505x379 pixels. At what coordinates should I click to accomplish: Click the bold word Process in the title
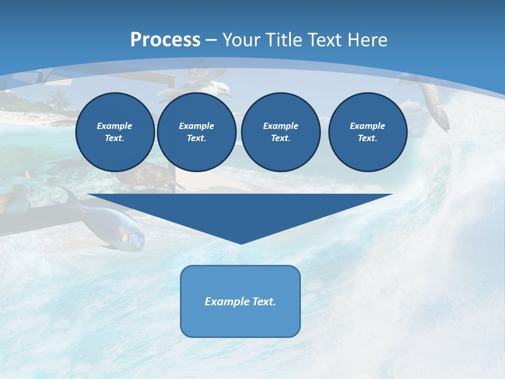click(165, 40)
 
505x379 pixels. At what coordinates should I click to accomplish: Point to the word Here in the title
click(367, 40)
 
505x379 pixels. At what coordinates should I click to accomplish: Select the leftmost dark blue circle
click(115, 132)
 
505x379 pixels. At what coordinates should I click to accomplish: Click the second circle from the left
click(196, 132)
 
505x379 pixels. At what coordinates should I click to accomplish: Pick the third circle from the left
click(280, 132)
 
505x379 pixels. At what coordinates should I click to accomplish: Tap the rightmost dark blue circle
click(367, 132)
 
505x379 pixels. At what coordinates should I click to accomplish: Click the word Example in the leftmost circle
click(115, 126)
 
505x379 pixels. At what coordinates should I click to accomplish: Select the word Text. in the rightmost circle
click(367, 138)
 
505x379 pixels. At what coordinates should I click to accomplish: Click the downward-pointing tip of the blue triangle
click(241, 243)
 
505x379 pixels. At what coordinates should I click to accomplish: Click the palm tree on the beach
click(59, 99)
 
